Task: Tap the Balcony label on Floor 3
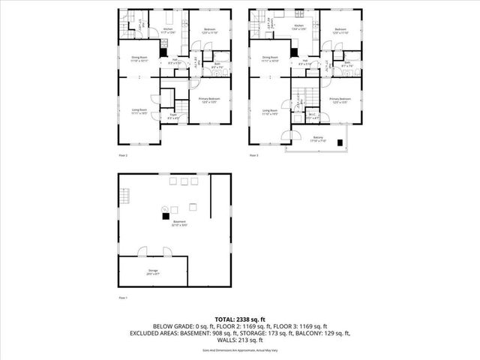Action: pyautogui.click(x=318, y=139)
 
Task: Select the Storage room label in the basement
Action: pyautogui.click(x=152, y=274)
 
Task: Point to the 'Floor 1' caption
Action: pyautogui.click(x=123, y=298)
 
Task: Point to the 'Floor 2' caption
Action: pyautogui.click(x=123, y=155)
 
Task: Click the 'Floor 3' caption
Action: pyautogui.click(x=253, y=155)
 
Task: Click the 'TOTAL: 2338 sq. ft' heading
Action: pyautogui.click(x=240, y=320)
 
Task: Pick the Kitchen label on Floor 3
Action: pyautogui.click(x=299, y=27)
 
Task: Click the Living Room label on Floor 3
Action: pyautogui.click(x=271, y=112)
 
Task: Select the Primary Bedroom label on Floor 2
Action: pyautogui.click(x=209, y=100)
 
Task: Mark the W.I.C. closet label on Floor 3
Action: pyautogui.click(x=313, y=117)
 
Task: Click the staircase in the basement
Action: pyautogui.click(x=124, y=197)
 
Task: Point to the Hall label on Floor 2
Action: pyautogui.click(x=173, y=62)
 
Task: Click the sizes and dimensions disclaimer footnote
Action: pyautogui.click(x=240, y=350)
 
